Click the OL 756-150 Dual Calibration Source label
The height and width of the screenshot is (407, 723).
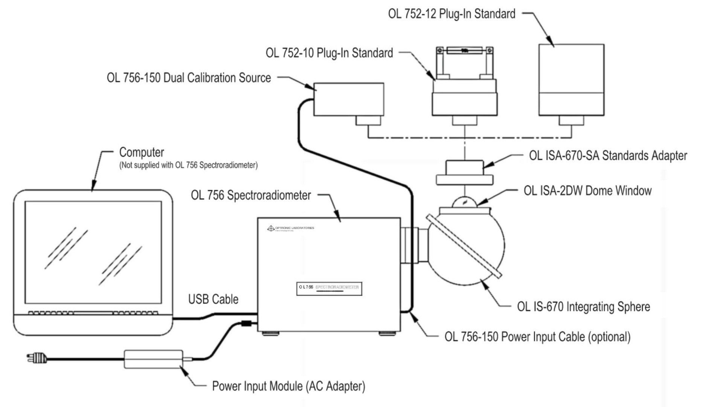189,78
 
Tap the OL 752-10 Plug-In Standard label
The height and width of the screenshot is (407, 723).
329,53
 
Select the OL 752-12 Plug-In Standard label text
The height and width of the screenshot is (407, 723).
451,14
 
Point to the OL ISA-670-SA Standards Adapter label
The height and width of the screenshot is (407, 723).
608,155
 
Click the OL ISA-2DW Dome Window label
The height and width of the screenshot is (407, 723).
587,191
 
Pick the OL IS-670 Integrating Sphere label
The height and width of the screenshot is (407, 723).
583,307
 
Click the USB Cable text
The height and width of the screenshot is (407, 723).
213,299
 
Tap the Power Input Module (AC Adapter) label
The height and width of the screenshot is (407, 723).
288,386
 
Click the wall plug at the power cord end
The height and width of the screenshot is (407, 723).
37,358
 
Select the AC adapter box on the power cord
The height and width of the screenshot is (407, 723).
153,359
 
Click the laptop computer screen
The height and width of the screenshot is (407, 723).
93,252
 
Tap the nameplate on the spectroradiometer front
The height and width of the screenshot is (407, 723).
329,289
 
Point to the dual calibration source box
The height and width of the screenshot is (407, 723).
349,99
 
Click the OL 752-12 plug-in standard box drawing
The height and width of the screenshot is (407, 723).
571,80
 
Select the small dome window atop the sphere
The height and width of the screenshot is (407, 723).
464,202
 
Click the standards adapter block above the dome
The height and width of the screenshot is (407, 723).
464,172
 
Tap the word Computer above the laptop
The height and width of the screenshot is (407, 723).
142,152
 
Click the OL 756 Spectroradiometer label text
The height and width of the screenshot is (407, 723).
251,195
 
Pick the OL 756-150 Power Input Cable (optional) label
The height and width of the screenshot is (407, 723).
537,337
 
